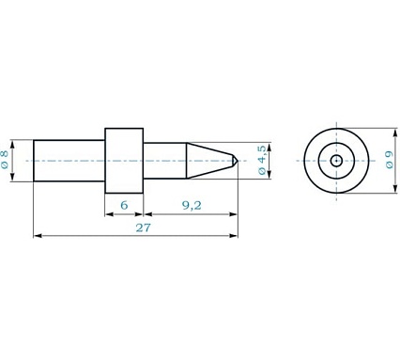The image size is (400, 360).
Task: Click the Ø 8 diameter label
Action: point(5,160)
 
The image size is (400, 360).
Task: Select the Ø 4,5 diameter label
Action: point(262,160)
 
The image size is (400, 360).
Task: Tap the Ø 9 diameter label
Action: point(390,160)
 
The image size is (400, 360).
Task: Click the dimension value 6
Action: point(124,205)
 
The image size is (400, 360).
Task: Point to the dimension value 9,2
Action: point(192,205)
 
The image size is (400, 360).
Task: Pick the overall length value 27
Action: point(143,227)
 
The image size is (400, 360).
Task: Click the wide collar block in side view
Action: point(124,161)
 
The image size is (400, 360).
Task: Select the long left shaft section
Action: point(69,161)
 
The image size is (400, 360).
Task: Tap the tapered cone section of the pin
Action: point(209,161)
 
